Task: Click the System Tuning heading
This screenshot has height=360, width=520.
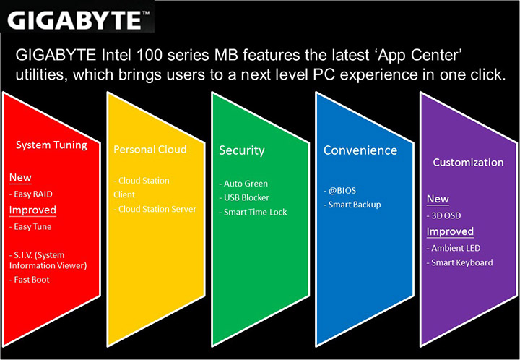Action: point(51,145)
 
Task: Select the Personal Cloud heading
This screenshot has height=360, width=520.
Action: point(150,149)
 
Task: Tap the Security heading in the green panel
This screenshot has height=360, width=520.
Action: point(241,150)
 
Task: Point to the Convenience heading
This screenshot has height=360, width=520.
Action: point(360,150)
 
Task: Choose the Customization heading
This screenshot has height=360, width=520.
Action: point(468,163)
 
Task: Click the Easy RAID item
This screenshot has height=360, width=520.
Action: point(31,194)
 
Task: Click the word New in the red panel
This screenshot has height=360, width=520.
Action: point(20,178)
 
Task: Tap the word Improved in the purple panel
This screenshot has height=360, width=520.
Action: point(450,232)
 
